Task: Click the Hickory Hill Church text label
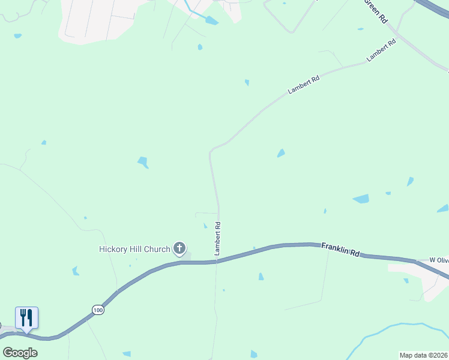134,249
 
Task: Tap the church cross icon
179,248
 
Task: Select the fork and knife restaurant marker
26,317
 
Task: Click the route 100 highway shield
98,310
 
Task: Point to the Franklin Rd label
340,249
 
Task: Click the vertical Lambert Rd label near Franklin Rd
218,239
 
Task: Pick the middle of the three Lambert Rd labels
303,85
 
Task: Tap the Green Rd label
376,11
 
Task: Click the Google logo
20,352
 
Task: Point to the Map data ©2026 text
423,355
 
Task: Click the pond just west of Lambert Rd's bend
143,162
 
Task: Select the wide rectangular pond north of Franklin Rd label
361,199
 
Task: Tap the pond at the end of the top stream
211,20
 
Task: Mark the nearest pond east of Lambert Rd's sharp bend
280,154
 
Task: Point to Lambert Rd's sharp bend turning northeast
211,150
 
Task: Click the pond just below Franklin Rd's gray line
261,277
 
